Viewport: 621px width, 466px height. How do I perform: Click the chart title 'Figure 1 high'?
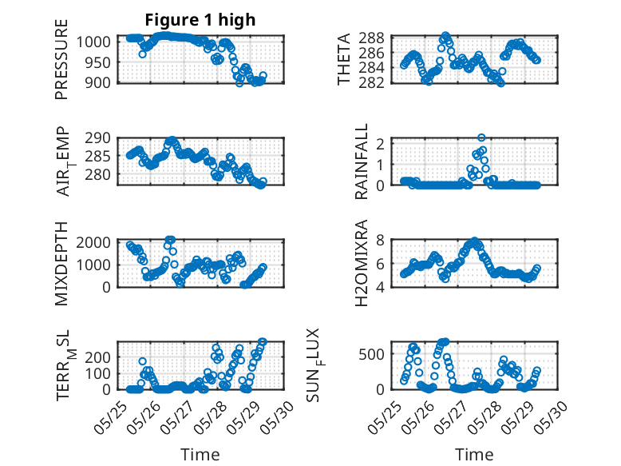(x=200, y=20)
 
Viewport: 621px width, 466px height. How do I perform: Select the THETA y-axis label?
(x=343, y=59)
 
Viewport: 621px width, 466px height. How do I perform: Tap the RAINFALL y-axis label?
(x=362, y=161)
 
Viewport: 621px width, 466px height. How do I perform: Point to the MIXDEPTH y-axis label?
(x=62, y=263)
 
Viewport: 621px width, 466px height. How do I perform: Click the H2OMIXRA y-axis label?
(x=362, y=263)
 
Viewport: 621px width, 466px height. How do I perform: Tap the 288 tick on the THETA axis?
(x=378, y=38)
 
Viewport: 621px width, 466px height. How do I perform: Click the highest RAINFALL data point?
(x=481, y=137)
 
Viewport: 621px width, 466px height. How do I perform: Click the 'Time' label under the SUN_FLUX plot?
(x=474, y=454)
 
